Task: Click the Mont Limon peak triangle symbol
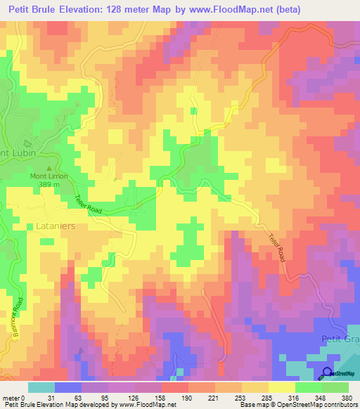point(48,168)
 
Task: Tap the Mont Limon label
point(48,176)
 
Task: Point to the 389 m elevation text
point(48,186)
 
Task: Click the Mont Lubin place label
point(14,153)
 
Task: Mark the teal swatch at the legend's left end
point(41,387)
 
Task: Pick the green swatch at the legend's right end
point(335,387)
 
